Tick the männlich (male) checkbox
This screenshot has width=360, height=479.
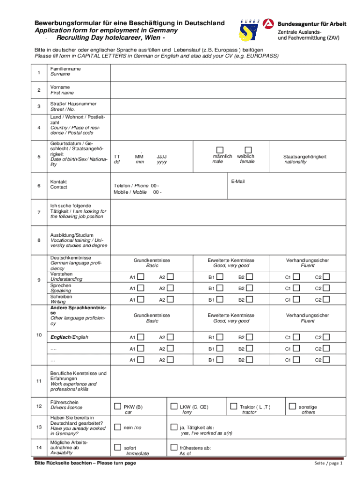(220, 149)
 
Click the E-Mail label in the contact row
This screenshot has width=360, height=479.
(238, 181)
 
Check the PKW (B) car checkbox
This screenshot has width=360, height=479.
(118, 406)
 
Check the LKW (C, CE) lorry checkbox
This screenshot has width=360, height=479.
(174, 406)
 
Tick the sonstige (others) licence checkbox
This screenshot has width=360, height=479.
(292, 406)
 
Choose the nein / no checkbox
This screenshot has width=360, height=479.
(118, 427)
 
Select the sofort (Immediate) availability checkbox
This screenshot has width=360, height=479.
(118, 448)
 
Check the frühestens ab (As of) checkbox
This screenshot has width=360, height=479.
(174, 448)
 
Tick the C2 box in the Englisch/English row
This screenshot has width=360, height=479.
(326, 337)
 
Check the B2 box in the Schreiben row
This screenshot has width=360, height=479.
(250, 299)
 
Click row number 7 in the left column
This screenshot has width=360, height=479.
(38, 213)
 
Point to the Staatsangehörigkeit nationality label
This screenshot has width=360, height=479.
(305, 159)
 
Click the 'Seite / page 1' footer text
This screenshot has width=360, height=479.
(328, 463)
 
